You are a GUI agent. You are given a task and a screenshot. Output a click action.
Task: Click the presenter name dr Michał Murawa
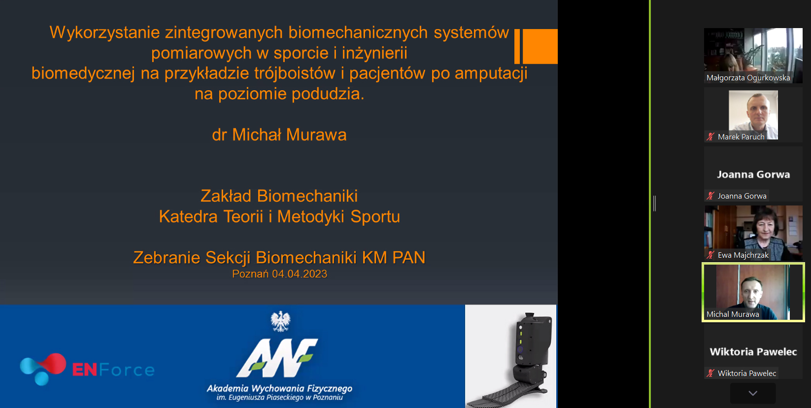(x=279, y=135)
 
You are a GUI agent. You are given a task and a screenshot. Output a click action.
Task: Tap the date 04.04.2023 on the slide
(x=300, y=274)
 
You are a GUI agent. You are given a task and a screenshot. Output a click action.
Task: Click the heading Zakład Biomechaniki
(x=279, y=196)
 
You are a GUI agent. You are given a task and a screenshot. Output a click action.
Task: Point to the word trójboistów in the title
(x=295, y=73)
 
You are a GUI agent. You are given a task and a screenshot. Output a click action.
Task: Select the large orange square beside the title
(x=540, y=46)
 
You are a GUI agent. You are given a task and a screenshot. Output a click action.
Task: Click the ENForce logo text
(x=113, y=370)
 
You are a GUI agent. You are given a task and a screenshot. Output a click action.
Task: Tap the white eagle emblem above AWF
(x=280, y=321)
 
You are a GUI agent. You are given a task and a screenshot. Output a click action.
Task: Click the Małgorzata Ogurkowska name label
(x=748, y=78)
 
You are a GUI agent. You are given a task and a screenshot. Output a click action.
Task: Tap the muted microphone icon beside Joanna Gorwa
(x=710, y=196)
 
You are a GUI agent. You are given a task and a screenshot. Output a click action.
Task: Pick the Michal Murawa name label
(x=733, y=314)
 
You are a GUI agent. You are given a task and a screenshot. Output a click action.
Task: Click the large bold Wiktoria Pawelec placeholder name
(x=753, y=352)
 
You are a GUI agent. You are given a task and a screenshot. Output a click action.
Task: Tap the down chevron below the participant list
(x=753, y=393)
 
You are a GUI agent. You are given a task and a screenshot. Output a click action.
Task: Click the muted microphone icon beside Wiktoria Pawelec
(x=710, y=373)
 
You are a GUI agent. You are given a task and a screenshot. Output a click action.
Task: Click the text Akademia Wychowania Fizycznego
(x=279, y=388)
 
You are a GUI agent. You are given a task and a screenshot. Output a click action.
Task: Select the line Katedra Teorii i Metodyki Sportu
(x=279, y=216)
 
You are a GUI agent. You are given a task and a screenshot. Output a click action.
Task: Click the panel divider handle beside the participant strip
(x=655, y=204)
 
